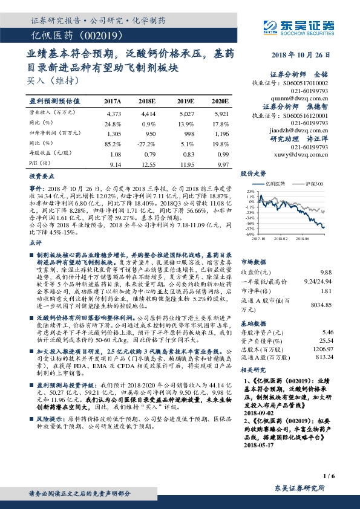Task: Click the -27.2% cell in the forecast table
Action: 146,144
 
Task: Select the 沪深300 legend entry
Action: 315,182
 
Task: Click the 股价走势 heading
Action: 253,173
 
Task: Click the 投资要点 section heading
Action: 41,177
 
